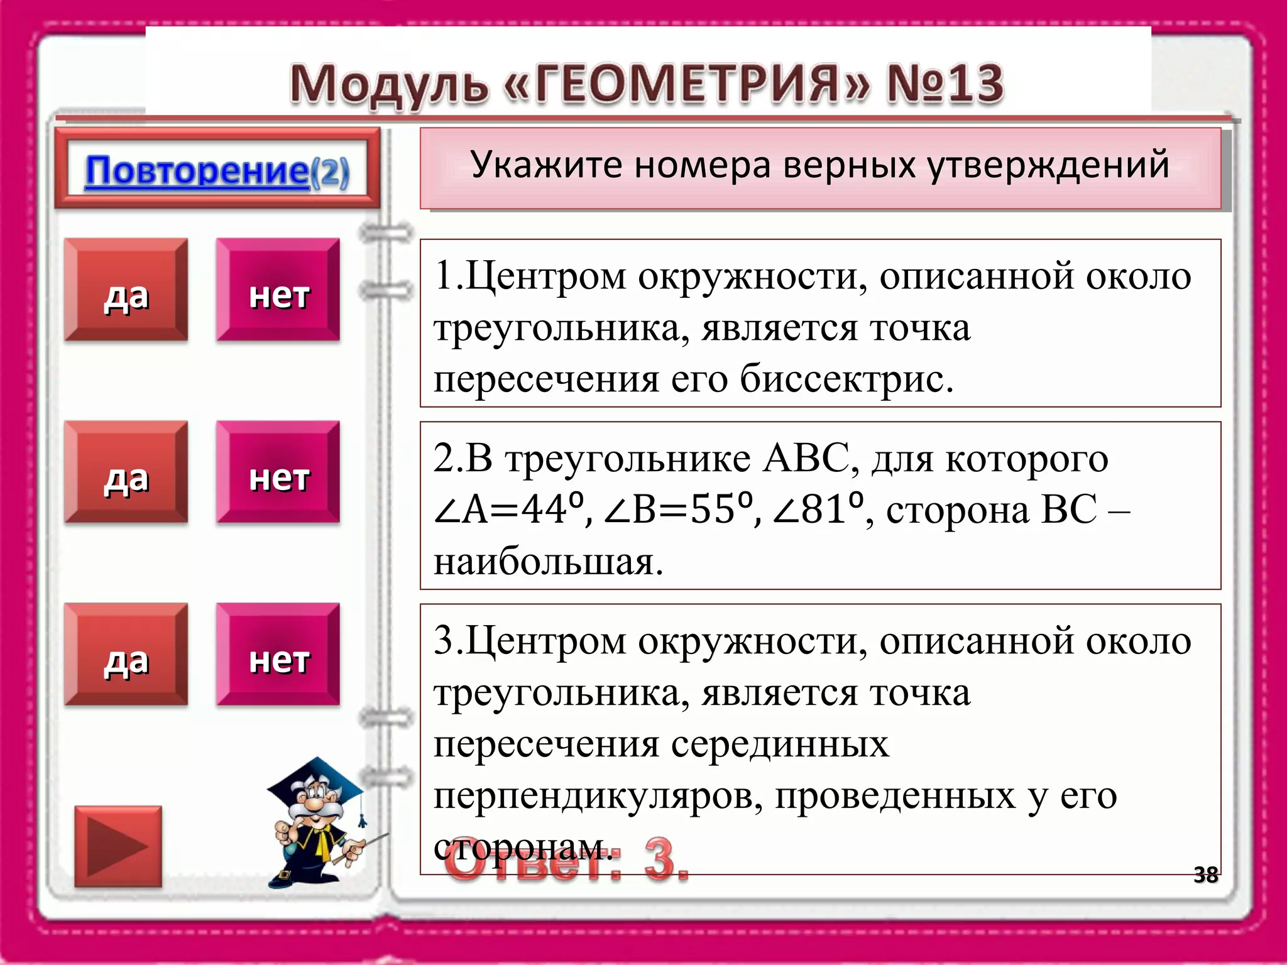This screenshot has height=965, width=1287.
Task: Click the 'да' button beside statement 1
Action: pyautogui.click(x=126, y=290)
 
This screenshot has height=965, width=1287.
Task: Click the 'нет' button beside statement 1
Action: pyautogui.click(x=278, y=290)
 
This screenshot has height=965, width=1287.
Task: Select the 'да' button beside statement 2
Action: pyautogui.click(x=126, y=472)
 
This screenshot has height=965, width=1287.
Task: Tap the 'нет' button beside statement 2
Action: pyautogui.click(x=278, y=472)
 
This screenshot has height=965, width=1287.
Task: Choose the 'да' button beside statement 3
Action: pyautogui.click(x=126, y=655)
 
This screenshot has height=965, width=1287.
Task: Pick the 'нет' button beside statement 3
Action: pyautogui.click(x=278, y=655)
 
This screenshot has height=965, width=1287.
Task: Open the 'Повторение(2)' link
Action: pyautogui.click(x=217, y=171)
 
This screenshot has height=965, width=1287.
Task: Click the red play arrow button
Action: pyautogui.click(x=118, y=846)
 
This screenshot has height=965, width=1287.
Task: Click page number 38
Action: pyautogui.click(x=1205, y=875)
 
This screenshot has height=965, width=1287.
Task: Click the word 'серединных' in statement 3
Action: pyautogui.click(x=780, y=745)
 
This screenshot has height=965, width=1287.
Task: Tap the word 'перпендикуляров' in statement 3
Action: pyautogui.click(x=598, y=797)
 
